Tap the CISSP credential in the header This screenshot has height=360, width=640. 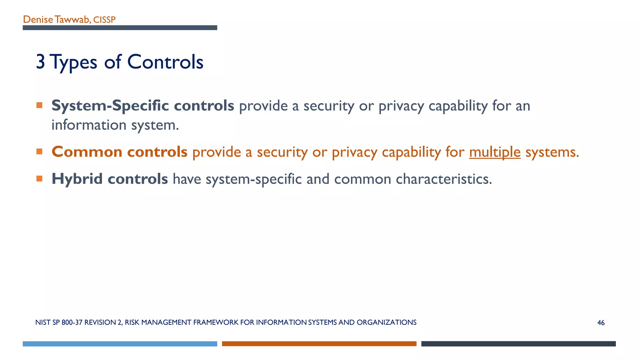104,20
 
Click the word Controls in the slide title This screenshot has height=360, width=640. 165,62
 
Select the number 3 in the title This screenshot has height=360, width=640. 40,62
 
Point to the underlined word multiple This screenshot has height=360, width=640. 495,152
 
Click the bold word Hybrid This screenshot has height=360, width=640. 77,179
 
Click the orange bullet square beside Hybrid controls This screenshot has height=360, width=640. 39,179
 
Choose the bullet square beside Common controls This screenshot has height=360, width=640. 39,152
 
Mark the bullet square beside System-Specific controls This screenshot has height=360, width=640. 39,105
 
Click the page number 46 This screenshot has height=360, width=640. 601,323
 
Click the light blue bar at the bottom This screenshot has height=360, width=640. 120,344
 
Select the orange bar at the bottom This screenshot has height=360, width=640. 319,344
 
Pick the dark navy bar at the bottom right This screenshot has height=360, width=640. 518,344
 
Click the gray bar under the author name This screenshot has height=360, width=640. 120,28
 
